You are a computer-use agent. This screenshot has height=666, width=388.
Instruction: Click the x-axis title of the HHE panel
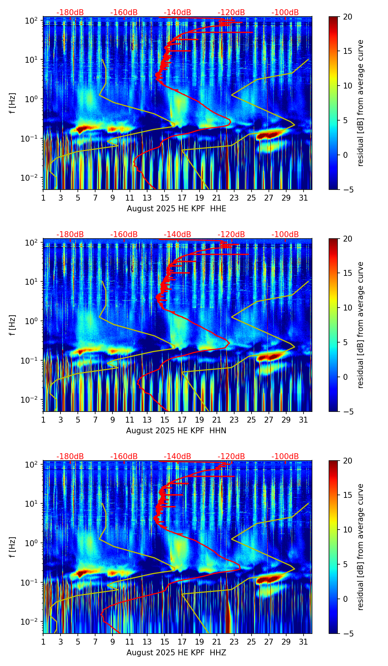tap(176, 209)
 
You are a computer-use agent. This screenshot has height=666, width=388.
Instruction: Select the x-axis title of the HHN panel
tap(176, 431)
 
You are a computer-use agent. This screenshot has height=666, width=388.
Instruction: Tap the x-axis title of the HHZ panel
tap(176, 653)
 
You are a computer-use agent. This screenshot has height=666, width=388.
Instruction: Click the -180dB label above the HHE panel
tap(70, 13)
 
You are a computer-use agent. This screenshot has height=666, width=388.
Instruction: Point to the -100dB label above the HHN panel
tap(285, 235)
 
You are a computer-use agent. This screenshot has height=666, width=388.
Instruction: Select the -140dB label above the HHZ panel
tap(177, 457)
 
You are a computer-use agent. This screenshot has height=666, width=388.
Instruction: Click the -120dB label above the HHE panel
tap(231, 13)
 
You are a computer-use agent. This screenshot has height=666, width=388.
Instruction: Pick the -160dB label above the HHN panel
tap(124, 235)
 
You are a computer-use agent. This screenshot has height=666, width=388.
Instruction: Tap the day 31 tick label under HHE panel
tap(303, 198)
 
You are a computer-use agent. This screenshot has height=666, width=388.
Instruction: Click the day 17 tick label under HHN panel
tap(182, 420)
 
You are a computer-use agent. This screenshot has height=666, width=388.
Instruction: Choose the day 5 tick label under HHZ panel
tap(78, 642)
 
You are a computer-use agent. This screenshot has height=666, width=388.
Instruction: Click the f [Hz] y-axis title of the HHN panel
tap(13, 325)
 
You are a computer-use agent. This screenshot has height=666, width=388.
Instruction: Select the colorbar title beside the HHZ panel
tap(361, 547)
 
